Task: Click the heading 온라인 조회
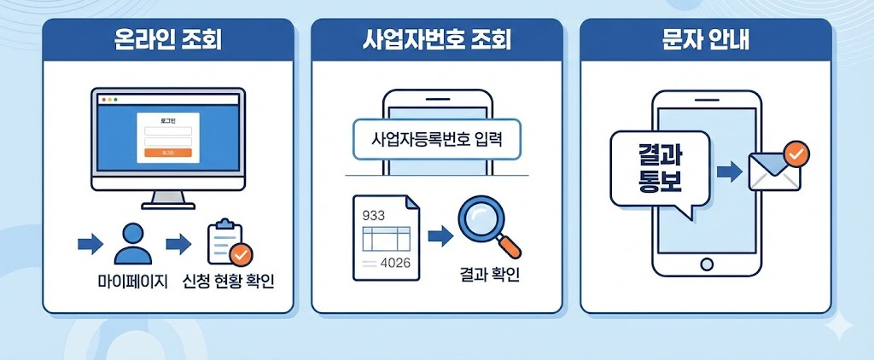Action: tap(168, 40)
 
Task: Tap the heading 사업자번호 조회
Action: tap(437, 40)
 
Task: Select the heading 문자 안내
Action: tap(705, 40)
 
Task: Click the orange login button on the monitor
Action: tap(167, 153)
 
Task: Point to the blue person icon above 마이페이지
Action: tap(132, 243)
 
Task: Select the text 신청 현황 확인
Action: tap(229, 282)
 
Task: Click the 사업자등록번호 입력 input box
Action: tap(435, 139)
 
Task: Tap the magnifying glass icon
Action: tap(487, 225)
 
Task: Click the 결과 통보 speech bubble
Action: tap(659, 171)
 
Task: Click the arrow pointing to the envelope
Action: tap(729, 172)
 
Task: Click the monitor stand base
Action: tap(168, 205)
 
